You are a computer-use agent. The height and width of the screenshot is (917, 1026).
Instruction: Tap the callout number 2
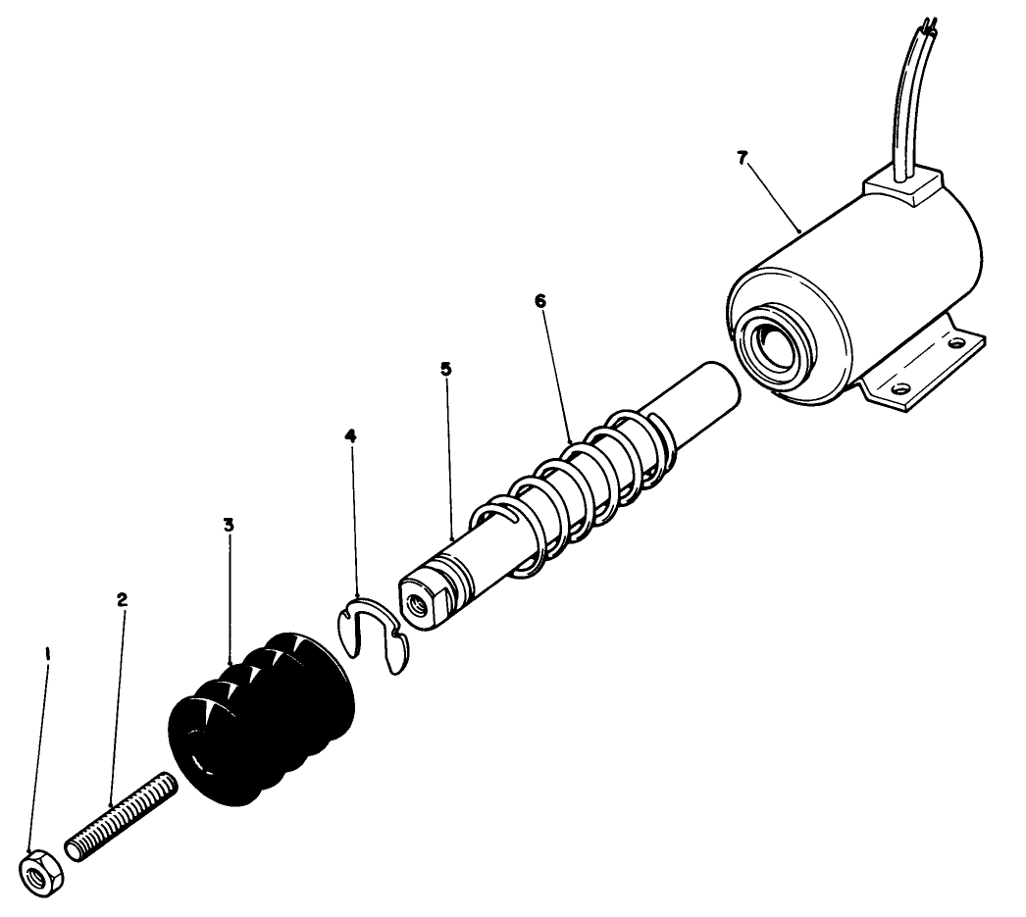click(x=123, y=599)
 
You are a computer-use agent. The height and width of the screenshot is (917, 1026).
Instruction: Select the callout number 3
click(x=229, y=525)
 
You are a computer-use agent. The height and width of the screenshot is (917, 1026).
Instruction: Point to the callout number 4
click(x=350, y=434)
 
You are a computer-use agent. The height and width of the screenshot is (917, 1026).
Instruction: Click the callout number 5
click(x=446, y=370)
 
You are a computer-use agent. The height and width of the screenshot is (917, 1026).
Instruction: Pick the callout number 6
click(x=540, y=301)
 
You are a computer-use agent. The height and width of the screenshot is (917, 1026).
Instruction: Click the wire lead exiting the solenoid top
click(x=902, y=98)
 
